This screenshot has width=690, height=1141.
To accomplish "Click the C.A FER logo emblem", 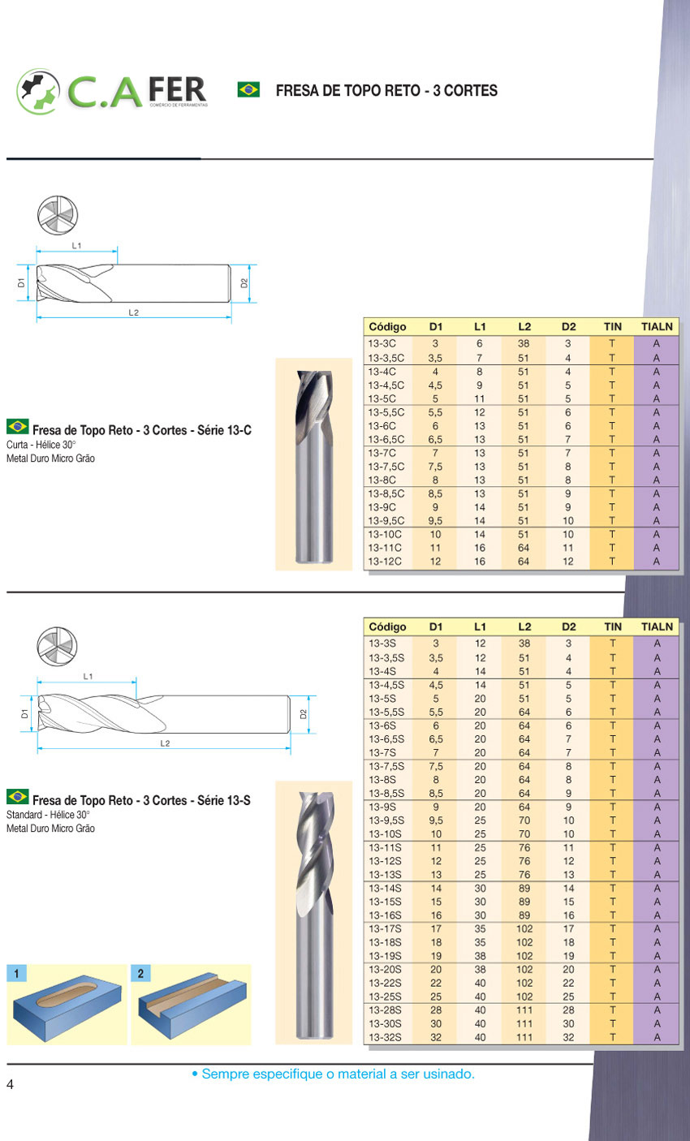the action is point(37,92).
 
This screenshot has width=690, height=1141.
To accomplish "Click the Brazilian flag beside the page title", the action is point(248,89).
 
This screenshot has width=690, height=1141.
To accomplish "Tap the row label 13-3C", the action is point(382,344).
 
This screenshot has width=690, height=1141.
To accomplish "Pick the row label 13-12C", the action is point(385,562).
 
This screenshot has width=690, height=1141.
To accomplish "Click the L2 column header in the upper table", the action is point(524,326).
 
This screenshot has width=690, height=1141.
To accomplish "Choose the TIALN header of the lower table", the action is point(657,626).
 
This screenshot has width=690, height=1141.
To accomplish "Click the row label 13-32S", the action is point(385,1037).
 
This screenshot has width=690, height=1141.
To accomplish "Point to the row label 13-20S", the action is point(385,969).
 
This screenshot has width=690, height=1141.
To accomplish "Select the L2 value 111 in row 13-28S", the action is point(524,1010).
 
